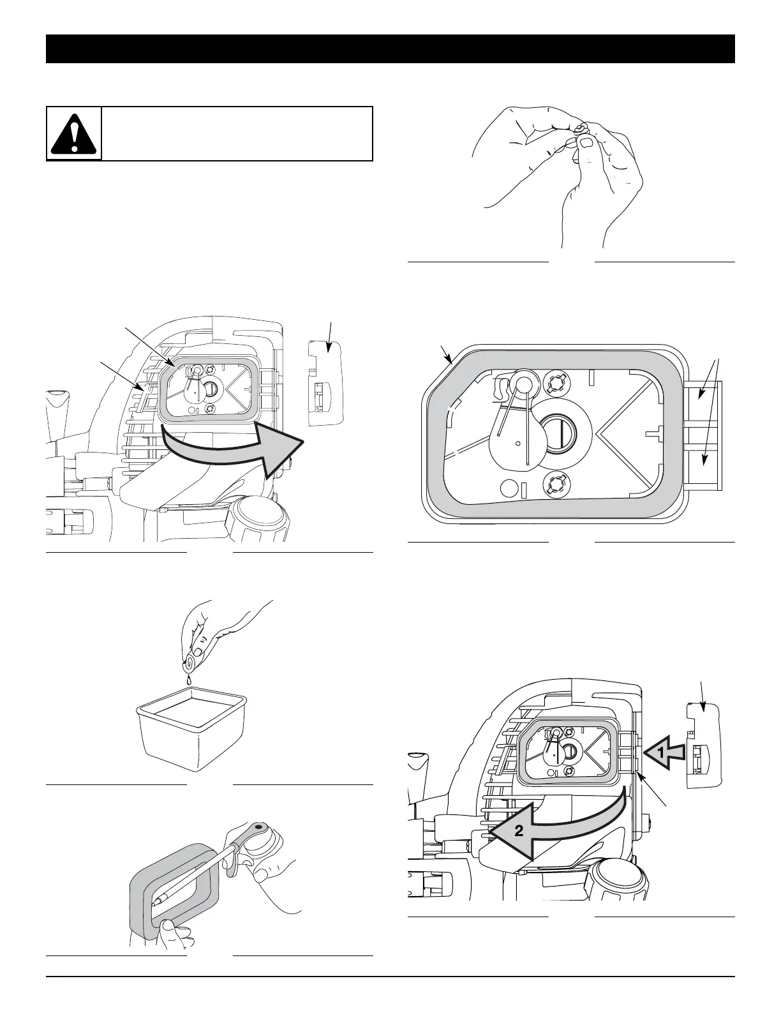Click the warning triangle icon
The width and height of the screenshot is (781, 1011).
point(75,133)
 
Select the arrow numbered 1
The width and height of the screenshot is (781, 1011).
point(664,753)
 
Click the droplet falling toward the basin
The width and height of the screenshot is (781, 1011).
point(190,682)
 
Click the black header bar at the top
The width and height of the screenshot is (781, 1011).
point(390,49)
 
